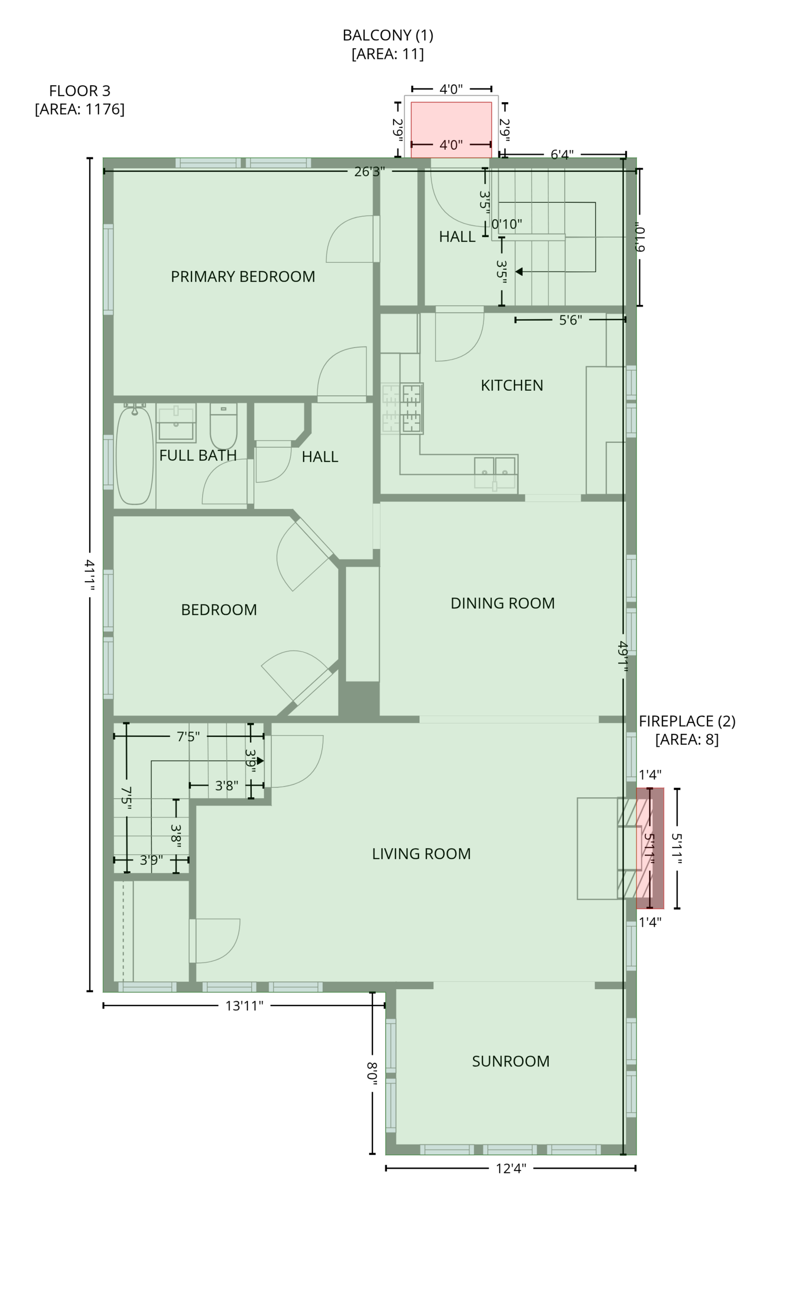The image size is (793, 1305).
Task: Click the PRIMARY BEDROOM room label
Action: click(242, 277)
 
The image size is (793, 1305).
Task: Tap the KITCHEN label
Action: click(511, 385)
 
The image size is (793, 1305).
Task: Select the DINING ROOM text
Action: click(503, 603)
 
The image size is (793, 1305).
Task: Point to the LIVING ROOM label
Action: click(421, 854)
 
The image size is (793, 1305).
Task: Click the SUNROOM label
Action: click(510, 1062)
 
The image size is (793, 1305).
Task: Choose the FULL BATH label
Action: click(197, 456)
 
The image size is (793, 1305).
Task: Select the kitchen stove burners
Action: click(402, 409)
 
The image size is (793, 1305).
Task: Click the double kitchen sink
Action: click(495, 473)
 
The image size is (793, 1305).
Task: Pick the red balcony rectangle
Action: click(451, 130)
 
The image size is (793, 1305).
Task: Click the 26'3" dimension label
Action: click(370, 172)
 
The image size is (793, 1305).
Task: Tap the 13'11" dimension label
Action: click(244, 1006)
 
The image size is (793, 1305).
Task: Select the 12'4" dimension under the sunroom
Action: click(511, 1168)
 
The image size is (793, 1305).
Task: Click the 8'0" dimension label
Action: click(372, 1073)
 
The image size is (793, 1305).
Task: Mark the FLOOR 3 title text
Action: click(79, 91)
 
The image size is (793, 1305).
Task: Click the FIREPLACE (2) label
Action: click(686, 721)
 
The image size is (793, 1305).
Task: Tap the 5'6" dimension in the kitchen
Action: click(570, 320)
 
